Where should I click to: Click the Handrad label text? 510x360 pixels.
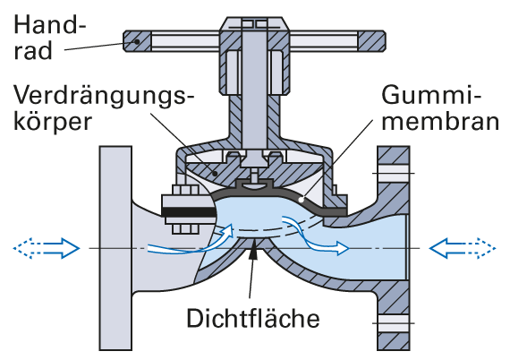[49, 38]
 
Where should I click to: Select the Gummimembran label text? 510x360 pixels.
[440, 108]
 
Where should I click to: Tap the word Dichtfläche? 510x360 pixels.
[253, 318]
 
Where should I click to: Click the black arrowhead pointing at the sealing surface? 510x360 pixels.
[253, 252]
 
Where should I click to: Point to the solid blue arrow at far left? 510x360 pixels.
[62, 248]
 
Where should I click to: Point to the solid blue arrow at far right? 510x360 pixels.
[446, 248]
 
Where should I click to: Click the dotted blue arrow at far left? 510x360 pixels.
[29, 248]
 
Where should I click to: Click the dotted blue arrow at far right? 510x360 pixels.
[480, 248]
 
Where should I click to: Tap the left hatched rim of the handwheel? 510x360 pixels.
[137, 41]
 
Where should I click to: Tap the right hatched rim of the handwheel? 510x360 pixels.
[372, 41]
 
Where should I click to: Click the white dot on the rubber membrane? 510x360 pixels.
[302, 199]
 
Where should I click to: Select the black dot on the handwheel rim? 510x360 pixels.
[137, 42]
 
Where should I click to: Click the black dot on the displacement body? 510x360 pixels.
[215, 173]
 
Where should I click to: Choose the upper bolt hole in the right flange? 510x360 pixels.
[393, 169]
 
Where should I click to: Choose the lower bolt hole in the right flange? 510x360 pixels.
[393, 323]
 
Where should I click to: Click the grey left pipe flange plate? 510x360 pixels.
[115, 248]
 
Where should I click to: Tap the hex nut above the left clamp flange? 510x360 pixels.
[186, 190]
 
